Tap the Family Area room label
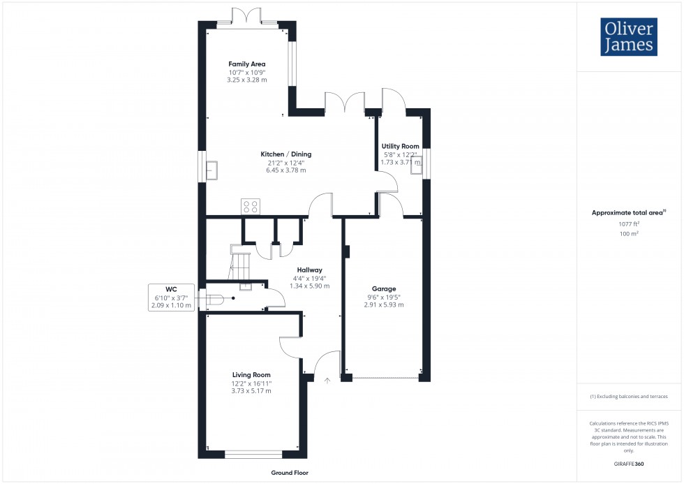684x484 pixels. click(x=246, y=64)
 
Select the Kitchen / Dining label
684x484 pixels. click(x=285, y=154)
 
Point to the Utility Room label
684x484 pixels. click(x=400, y=147)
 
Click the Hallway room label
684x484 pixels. click(x=309, y=270)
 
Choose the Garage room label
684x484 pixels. click(x=383, y=288)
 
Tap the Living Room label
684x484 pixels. click(x=251, y=375)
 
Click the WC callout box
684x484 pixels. click(x=171, y=297)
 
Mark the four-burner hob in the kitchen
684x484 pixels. click(x=251, y=206)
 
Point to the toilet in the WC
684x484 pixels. click(x=214, y=300)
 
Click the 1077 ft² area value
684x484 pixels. click(x=628, y=223)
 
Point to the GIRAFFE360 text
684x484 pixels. click(x=628, y=463)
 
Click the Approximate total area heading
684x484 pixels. click(x=628, y=212)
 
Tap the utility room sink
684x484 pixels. click(x=417, y=166)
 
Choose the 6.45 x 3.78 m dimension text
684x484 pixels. click(x=285, y=170)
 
